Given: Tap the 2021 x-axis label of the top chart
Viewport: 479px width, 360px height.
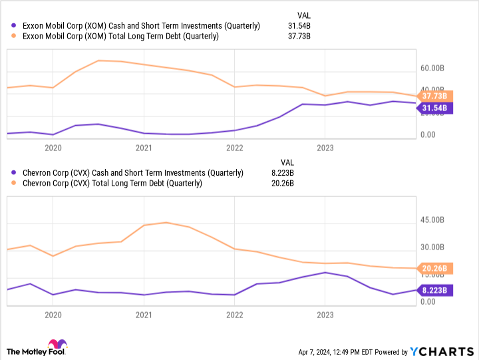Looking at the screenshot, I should [144, 147].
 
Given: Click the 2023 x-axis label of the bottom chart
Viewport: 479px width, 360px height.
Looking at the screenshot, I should [324, 315].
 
